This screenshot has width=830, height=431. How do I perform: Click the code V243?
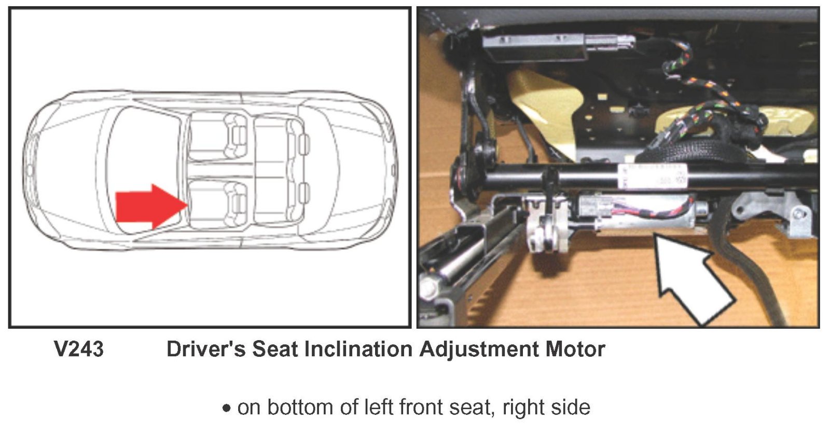(x=78, y=349)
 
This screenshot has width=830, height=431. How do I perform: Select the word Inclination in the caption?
(x=358, y=349)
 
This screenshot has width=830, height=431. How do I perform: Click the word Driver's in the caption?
(x=205, y=349)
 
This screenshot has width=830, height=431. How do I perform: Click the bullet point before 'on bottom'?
(x=226, y=408)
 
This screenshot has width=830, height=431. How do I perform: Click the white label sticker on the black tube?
(x=652, y=176)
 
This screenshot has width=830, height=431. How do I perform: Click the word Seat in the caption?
(x=275, y=349)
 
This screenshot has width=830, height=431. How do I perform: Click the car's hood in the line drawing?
(x=67, y=169)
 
